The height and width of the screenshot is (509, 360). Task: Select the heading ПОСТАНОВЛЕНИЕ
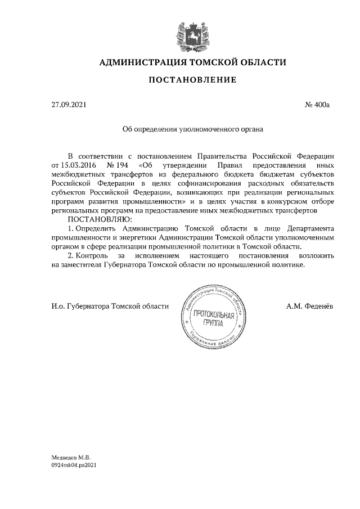192,80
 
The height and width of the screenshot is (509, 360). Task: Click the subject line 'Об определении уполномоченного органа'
193,129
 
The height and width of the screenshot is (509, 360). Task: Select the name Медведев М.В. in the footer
71,459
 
